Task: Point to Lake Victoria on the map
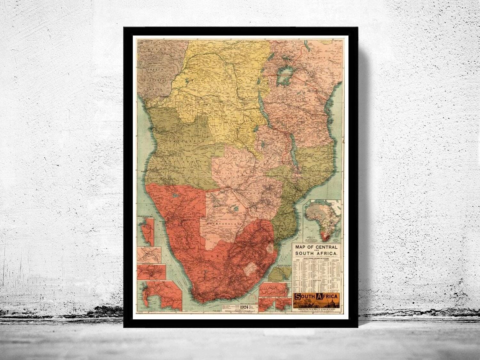283,77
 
